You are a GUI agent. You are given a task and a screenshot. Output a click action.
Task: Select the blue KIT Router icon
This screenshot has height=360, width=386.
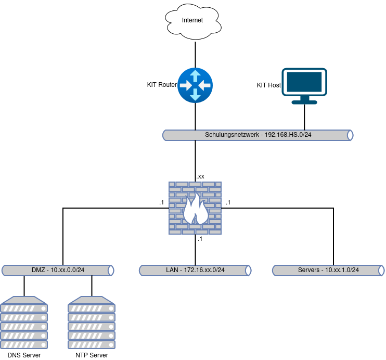(x=195, y=85)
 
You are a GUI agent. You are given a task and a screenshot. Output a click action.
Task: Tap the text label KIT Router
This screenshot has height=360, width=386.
(x=162, y=85)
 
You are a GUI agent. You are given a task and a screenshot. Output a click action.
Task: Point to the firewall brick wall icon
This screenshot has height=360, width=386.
(x=195, y=208)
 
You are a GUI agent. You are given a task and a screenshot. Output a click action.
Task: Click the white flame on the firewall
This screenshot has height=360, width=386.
(x=195, y=210)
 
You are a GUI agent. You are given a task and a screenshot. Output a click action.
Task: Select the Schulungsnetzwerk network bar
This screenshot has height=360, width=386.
(x=258, y=135)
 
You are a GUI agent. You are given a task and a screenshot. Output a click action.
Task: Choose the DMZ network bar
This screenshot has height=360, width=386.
(x=58, y=271)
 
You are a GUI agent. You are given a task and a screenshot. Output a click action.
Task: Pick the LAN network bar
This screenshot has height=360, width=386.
(x=195, y=271)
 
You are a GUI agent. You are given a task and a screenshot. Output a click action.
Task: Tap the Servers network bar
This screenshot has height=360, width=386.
(x=328, y=271)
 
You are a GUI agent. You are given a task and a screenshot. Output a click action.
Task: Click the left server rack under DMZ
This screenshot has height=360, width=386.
(x=24, y=323)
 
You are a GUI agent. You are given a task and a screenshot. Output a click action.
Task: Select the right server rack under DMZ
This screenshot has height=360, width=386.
(x=92, y=323)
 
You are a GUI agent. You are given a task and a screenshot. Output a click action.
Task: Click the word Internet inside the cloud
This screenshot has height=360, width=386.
(x=192, y=20)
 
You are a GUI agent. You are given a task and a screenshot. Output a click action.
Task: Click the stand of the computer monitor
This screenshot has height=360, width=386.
(x=304, y=100)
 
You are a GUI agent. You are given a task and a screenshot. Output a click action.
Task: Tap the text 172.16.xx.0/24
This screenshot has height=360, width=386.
(x=204, y=270)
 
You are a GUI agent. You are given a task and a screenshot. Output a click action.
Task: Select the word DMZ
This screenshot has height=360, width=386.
(x=38, y=270)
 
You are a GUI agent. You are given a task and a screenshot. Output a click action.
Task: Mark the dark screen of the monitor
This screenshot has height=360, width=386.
(x=304, y=82)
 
